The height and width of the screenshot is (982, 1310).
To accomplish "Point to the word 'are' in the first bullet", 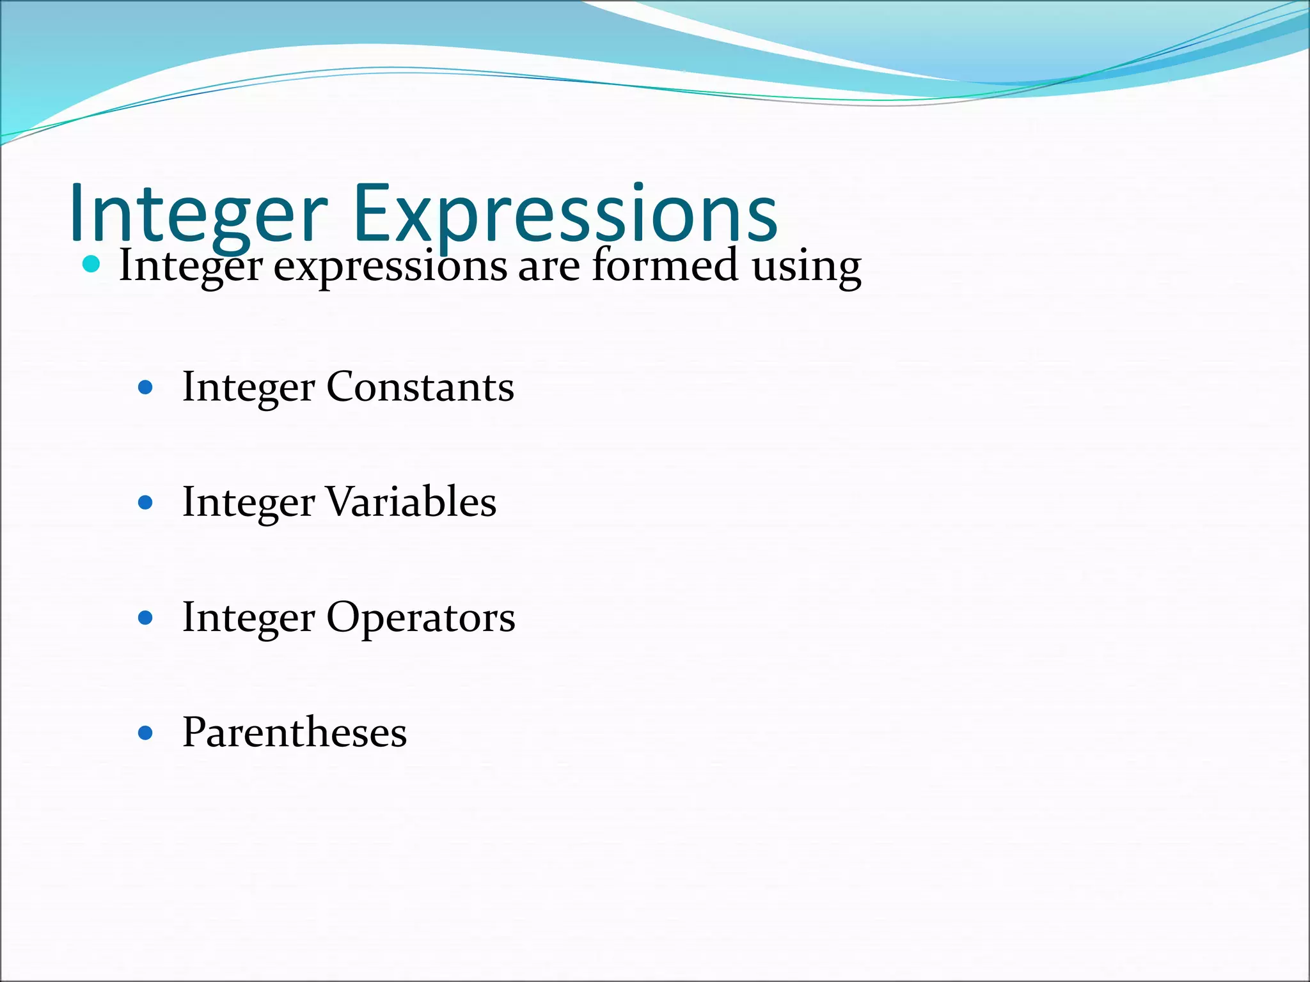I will pyautogui.click(x=549, y=267).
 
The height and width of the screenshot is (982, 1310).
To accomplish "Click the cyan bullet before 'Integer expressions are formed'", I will pyautogui.click(x=92, y=263).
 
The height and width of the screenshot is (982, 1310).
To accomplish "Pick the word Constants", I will pyautogui.click(x=420, y=387).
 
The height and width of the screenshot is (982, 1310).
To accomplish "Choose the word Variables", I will pyautogui.click(x=411, y=502).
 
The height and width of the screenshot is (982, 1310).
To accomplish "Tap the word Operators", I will pyautogui.click(x=421, y=618).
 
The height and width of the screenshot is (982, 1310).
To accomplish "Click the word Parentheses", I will pyautogui.click(x=294, y=732).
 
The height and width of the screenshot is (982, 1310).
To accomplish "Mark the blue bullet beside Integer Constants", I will pyautogui.click(x=146, y=387).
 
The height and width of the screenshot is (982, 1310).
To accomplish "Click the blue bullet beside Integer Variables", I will pyautogui.click(x=146, y=503).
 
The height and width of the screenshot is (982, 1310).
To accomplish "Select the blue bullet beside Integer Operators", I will pyautogui.click(x=146, y=618).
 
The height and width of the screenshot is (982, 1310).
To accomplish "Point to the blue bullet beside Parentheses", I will pyautogui.click(x=146, y=733).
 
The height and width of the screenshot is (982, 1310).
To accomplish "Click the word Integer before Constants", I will pyautogui.click(x=248, y=388).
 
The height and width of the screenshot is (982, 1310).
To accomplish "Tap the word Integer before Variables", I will pyautogui.click(x=248, y=503).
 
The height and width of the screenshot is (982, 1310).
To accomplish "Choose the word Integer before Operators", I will pyautogui.click(x=248, y=618).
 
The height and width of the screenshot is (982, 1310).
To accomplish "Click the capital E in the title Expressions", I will pyautogui.click(x=372, y=213).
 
